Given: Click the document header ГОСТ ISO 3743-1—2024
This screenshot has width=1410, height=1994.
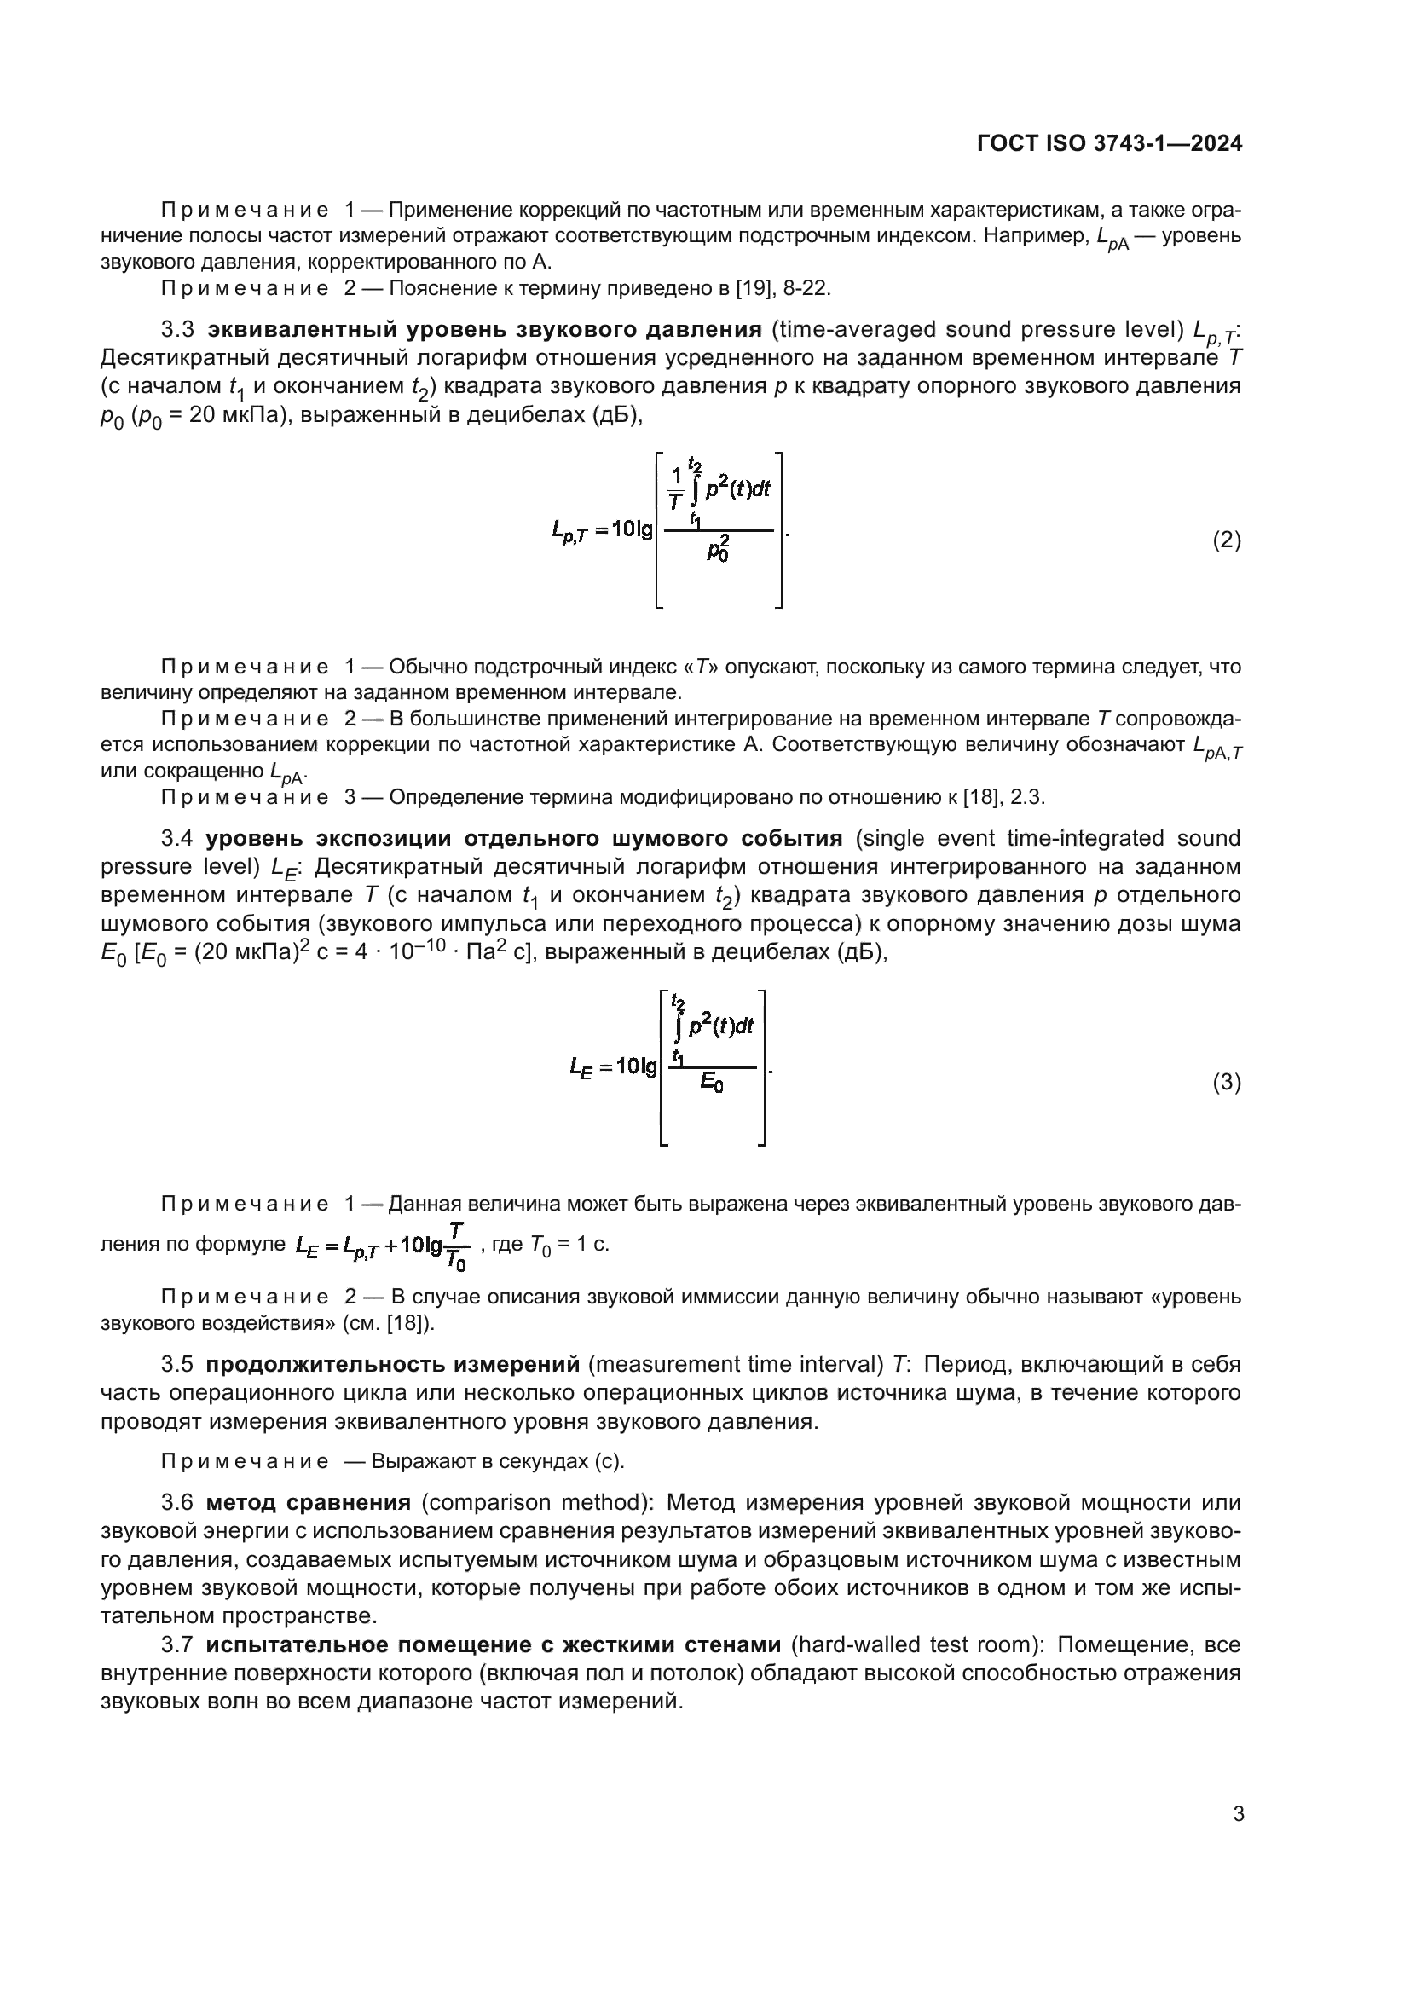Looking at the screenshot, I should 1109,143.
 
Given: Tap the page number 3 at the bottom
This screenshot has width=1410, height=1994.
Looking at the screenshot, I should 1238,1814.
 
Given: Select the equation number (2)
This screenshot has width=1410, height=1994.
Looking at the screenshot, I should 1226,540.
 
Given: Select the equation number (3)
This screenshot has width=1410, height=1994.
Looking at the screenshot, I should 1226,1082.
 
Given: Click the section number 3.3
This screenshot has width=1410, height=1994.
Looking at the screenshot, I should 177,330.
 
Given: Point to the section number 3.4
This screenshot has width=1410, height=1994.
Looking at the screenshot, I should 177,838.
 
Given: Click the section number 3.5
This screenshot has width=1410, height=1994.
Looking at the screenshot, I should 177,1364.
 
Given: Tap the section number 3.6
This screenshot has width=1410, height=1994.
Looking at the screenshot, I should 177,1503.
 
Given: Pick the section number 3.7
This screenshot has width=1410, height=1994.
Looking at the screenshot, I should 177,1644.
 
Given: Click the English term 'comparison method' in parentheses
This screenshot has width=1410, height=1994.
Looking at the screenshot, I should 535,1503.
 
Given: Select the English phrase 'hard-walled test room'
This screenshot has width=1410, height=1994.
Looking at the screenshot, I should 916,1644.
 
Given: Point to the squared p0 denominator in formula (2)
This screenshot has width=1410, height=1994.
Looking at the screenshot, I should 717,549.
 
